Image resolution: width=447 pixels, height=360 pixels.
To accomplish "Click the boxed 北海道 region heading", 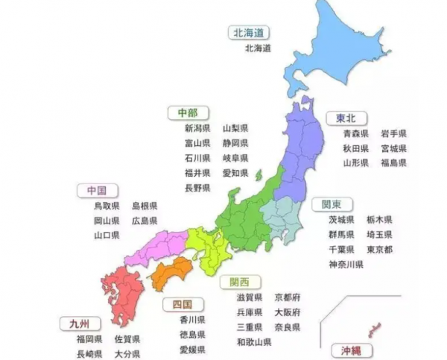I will pyautogui.click(x=249, y=33).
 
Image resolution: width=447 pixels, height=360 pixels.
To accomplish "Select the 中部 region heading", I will pyautogui.click(x=188, y=113).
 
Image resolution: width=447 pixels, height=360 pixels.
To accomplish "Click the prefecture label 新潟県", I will pyautogui.click(x=198, y=128).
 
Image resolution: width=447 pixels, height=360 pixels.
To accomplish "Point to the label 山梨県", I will pyautogui.click(x=235, y=128).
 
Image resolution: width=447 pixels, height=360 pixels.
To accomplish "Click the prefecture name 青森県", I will pyautogui.click(x=356, y=133).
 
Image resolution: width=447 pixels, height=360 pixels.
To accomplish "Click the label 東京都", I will pyautogui.click(x=380, y=249).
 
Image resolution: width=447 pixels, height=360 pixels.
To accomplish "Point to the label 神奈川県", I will pyautogui.click(x=346, y=264).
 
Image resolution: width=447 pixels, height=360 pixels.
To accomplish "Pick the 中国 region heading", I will pyautogui.click(x=96, y=190).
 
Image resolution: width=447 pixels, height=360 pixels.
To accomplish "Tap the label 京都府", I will pyautogui.click(x=288, y=297).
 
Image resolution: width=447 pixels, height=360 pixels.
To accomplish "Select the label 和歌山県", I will pyautogui.click(x=254, y=341).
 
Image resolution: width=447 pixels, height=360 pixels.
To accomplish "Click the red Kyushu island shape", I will pyautogui.click(x=123, y=294).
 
